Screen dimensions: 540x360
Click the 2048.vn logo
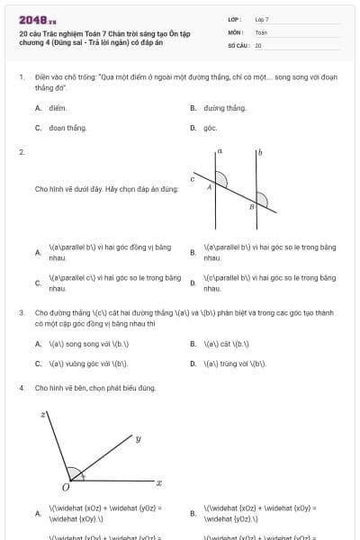pos(37,19)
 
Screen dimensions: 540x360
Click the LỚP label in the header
pos(235,19)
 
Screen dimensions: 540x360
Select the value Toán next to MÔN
pos(261,31)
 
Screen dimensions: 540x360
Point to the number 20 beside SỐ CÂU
pos(258,44)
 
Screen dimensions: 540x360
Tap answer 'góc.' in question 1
pos(210,128)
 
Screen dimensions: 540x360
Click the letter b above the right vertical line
pos(261,153)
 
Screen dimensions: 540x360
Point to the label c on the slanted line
pos(192,180)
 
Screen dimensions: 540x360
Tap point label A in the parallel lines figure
pos(209,187)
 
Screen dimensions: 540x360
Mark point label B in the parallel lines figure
pos(251,207)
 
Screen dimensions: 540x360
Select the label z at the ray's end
pos(42,415)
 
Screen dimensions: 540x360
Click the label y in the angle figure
pos(138,439)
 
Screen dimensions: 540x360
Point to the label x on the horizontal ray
pos(158,483)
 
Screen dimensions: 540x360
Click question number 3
pos(21,313)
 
